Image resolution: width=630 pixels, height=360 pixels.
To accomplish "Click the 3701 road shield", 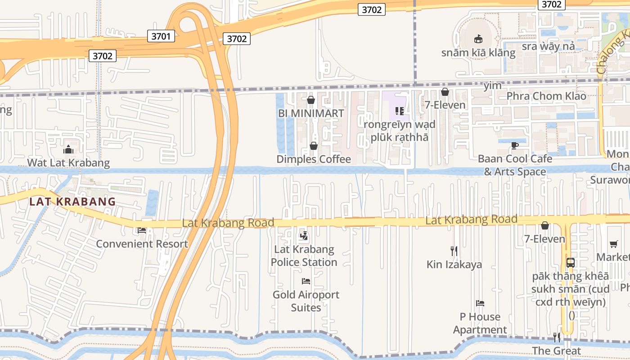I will [x=161, y=36].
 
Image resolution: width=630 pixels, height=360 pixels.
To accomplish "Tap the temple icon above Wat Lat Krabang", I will [x=68, y=149].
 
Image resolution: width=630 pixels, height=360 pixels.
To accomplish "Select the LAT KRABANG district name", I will [x=72, y=202].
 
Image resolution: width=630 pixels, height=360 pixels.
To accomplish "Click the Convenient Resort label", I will [x=142, y=244].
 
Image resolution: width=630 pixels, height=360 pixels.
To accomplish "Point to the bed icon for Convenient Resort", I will [x=142, y=230].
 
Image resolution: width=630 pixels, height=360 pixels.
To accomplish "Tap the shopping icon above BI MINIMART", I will [x=310, y=100].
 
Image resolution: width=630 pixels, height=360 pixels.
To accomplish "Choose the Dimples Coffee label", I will [x=314, y=159].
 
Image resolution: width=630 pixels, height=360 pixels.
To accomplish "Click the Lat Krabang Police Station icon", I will [x=304, y=235].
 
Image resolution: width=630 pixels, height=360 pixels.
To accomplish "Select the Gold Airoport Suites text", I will [x=306, y=301].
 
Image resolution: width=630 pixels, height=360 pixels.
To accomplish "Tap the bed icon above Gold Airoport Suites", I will [x=306, y=281].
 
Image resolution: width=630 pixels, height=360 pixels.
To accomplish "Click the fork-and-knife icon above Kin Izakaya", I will [x=454, y=251].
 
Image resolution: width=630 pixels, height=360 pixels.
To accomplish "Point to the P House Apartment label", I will [x=480, y=323].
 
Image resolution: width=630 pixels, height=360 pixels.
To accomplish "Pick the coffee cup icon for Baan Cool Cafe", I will [x=515, y=145].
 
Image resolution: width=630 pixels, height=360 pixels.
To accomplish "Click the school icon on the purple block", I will [x=399, y=111].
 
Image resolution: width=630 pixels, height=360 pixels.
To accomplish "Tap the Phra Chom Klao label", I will [x=546, y=96].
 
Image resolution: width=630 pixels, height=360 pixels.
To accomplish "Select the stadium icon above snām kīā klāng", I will [x=478, y=39].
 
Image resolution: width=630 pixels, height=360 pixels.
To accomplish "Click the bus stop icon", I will [x=570, y=262].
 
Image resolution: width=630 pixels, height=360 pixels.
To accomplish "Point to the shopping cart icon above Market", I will [x=613, y=244].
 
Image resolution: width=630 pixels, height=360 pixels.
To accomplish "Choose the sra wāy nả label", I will [x=548, y=46].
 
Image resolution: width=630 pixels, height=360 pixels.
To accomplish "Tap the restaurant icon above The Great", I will [x=557, y=337].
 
